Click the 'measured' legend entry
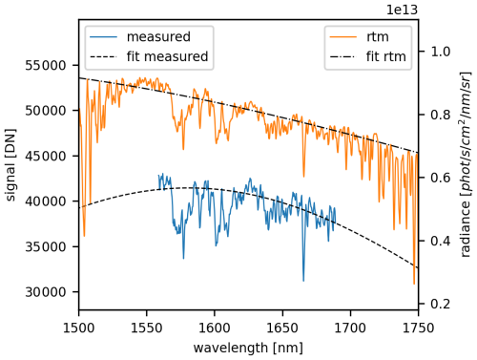click(138, 38)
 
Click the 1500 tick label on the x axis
click(78, 328)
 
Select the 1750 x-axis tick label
click(418, 328)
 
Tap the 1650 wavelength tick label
click(281, 328)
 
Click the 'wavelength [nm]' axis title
click(248, 347)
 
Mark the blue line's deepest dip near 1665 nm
click(303, 281)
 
